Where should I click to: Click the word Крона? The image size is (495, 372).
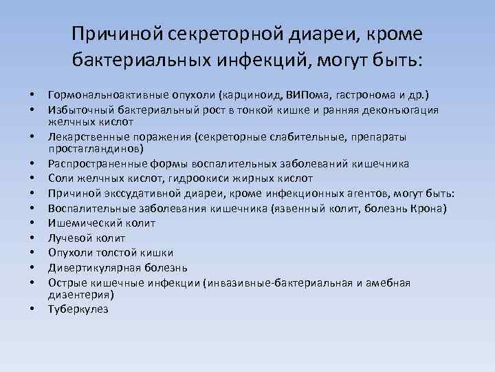click(x=431, y=208)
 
